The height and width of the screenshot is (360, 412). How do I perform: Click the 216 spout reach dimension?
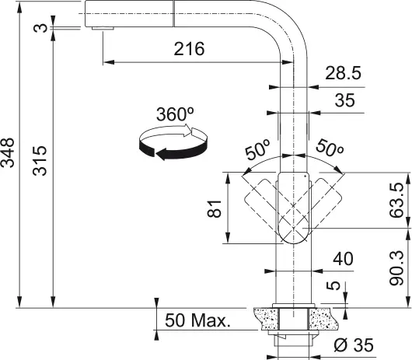coord(189,50)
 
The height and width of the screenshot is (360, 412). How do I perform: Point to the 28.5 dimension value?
coord(344,73)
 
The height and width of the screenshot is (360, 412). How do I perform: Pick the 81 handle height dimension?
coord(215,208)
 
